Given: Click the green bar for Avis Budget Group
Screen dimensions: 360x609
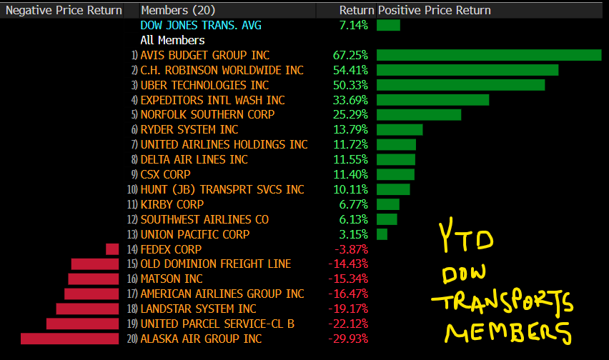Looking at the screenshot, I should click(489, 55).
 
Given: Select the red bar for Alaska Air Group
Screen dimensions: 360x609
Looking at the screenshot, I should click(69, 339).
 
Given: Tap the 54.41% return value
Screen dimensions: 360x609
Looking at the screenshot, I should click(350, 70).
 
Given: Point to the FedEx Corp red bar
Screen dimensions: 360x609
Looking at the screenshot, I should click(112, 249).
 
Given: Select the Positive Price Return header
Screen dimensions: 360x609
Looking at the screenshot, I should click(435, 11).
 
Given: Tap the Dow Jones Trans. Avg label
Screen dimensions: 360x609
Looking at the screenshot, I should click(201, 26).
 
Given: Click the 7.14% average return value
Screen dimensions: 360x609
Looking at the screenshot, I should click(354, 26).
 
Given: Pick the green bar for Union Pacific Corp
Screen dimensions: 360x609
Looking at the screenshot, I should click(382, 234).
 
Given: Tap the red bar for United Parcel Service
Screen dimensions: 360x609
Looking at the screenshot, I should click(82, 324).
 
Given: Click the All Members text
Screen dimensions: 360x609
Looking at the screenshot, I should click(172, 41).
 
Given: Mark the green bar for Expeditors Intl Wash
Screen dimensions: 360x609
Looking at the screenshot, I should click(432, 100).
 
